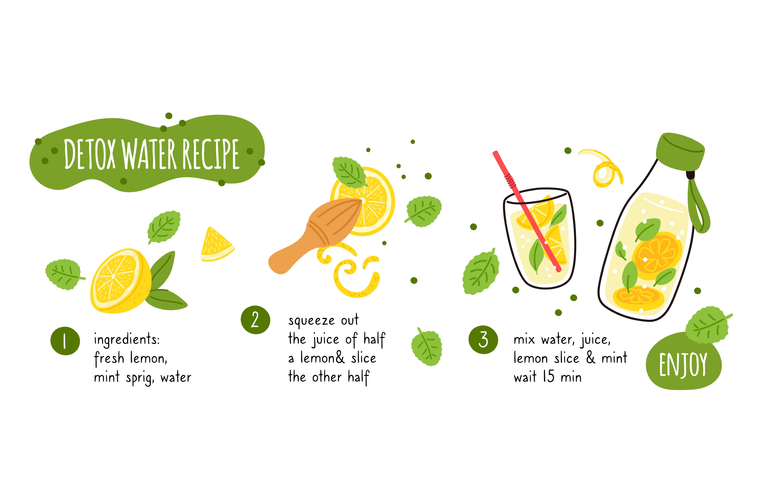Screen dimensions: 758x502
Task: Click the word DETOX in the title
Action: click(90, 154)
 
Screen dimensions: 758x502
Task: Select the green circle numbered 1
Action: click(65, 341)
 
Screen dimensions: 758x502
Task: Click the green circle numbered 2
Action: click(255, 320)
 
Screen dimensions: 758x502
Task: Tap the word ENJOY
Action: click(683, 365)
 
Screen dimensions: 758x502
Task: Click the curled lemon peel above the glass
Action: click(602, 168)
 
